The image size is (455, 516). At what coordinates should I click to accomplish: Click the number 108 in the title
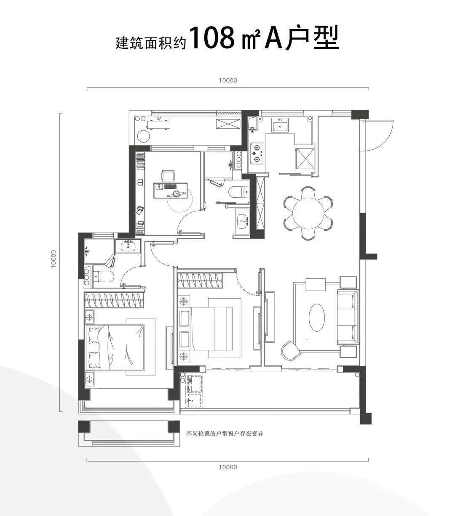[x=212, y=38]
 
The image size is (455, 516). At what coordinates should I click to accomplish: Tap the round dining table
[x=308, y=213]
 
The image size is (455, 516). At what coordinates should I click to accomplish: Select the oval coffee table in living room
[x=317, y=318]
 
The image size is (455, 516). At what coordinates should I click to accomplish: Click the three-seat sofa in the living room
[x=348, y=317]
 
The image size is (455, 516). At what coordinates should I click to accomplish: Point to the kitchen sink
[x=280, y=126]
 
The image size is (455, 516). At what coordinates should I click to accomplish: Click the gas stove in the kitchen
[x=257, y=153]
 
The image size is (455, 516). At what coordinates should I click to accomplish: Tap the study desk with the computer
[x=170, y=190]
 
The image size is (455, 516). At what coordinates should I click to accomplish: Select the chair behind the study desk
[x=169, y=175]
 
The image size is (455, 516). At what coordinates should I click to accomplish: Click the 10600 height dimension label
[x=53, y=259]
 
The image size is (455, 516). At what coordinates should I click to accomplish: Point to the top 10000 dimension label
[x=228, y=80]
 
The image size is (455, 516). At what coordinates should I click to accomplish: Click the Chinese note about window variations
[x=225, y=434]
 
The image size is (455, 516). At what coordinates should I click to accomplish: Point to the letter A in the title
[x=274, y=38]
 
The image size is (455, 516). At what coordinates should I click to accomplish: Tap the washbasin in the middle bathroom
[x=242, y=220]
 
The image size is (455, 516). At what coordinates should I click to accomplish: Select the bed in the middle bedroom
[x=210, y=328]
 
